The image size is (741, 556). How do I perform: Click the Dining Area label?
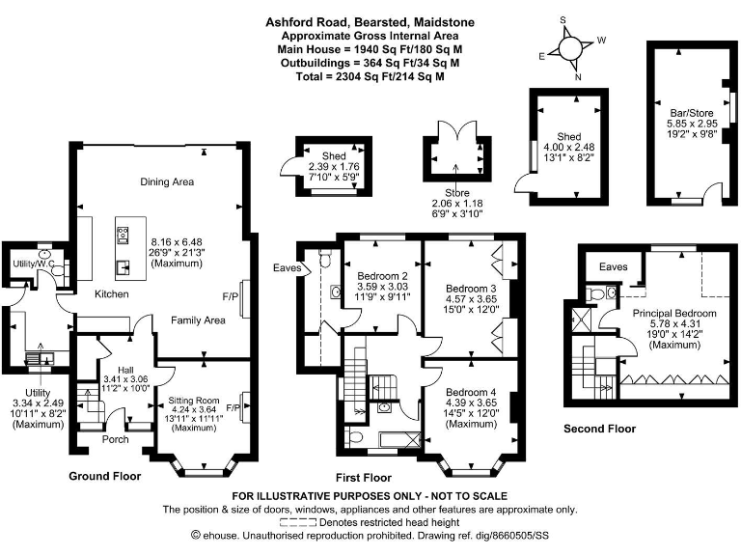[167, 182]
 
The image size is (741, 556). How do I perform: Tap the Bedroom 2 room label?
[382, 276]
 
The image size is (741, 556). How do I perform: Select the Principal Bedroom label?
[674, 313]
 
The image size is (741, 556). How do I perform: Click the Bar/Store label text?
[692, 113]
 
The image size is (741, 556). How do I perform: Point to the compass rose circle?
[569, 47]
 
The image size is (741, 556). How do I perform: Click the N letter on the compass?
[578, 77]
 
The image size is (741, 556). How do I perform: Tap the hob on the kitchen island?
[123, 235]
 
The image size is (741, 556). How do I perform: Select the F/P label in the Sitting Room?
[233, 407]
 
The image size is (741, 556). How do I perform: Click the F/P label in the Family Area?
[231, 296]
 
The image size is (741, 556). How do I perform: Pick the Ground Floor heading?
[105, 476]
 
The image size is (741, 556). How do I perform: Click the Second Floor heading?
[600, 429]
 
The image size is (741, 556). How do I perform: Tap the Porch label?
[116, 439]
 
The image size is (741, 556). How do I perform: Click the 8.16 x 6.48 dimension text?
[177, 241]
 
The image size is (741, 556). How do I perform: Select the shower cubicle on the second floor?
[579, 320]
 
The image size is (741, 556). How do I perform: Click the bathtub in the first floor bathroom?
[399, 440]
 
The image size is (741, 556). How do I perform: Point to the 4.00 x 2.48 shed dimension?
[569, 147]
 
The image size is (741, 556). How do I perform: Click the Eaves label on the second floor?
[614, 266]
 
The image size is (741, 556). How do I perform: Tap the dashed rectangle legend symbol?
[298, 522]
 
